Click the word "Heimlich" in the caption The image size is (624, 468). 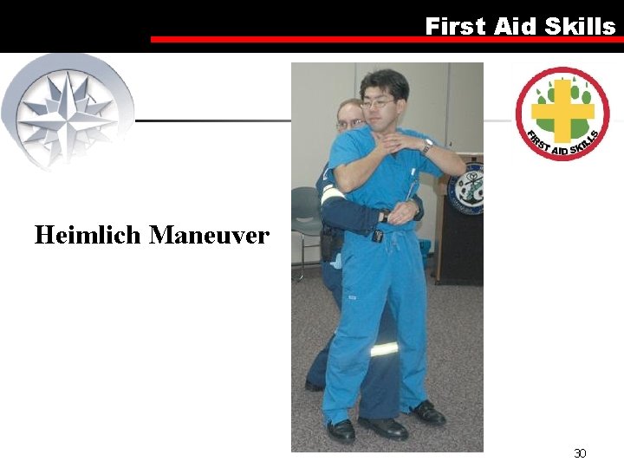[x=88, y=235]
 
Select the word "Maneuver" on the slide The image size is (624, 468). [x=209, y=235]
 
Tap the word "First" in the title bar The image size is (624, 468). [x=455, y=27]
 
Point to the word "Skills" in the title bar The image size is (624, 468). [x=580, y=27]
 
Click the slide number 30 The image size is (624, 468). [x=580, y=453]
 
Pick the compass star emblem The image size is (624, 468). [x=68, y=108]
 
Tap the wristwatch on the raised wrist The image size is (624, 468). [x=427, y=146]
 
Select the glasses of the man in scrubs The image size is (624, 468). [x=377, y=103]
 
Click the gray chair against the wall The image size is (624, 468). [x=305, y=212]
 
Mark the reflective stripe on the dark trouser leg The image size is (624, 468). [x=385, y=349]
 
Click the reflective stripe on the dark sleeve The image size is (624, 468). [x=330, y=195]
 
